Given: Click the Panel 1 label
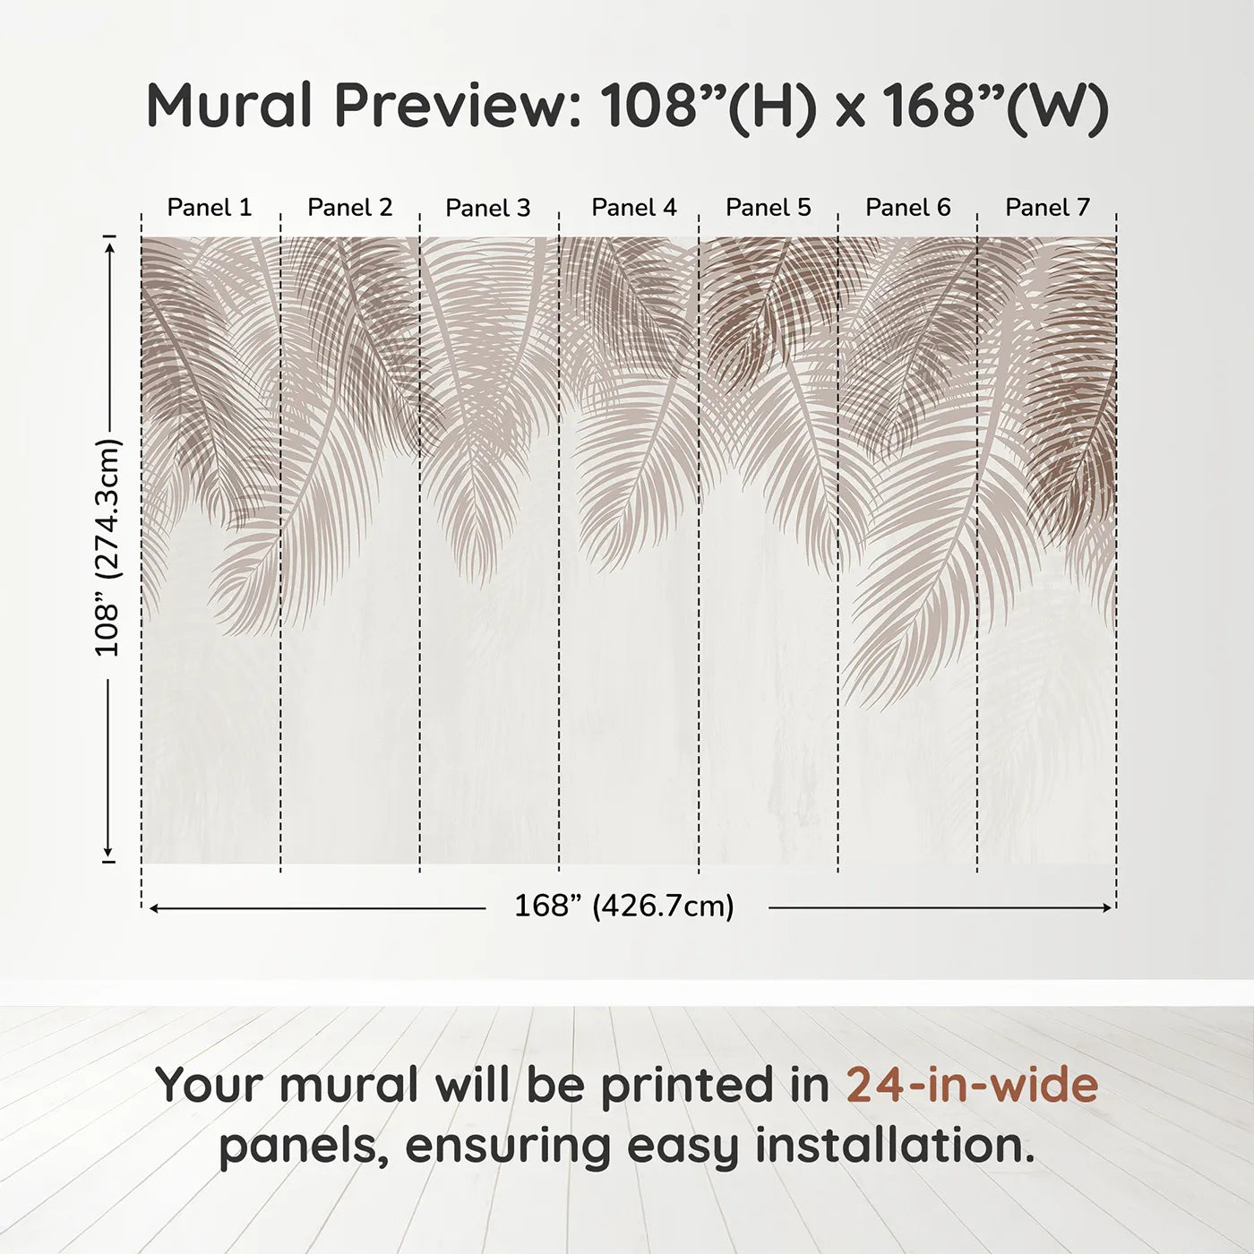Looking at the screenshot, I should tap(210, 208).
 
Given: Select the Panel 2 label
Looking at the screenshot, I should tap(350, 208).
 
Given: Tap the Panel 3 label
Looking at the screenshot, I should tap(488, 209).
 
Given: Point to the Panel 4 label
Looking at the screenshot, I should tap(634, 208).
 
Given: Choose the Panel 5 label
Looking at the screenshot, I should tap(769, 208).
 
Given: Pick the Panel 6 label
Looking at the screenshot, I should tap(908, 208).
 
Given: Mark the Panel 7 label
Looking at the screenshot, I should tap(1048, 208).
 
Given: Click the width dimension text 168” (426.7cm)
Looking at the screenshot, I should tap(624, 906).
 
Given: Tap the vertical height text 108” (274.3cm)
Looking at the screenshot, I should tap(108, 547).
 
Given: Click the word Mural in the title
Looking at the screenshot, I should tap(229, 106).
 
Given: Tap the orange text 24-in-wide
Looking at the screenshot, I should tap(972, 1086).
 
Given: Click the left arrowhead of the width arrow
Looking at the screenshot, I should tap(154, 908).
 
